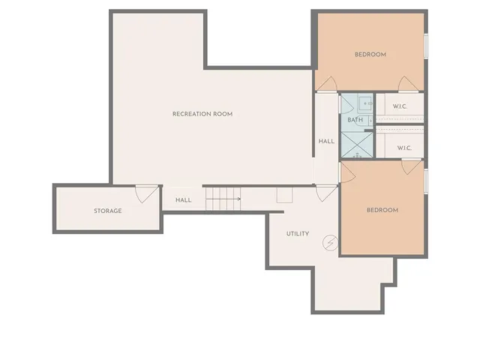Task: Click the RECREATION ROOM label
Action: pos(202,114)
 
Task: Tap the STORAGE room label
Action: pos(107,211)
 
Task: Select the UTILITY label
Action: pos(298,234)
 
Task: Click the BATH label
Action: pos(355,120)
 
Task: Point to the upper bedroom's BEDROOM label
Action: pos(370,54)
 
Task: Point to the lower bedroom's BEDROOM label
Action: pos(382,210)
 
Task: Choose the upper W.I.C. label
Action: pos(400,106)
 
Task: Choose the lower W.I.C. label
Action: pos(404,148)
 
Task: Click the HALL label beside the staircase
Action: pos(184,200)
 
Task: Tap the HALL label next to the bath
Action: pos(326,141)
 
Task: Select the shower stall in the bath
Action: pos(357,144)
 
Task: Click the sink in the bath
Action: pos(365,103)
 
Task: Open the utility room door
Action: pos(326,193)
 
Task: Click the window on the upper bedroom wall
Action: pos(426,45)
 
